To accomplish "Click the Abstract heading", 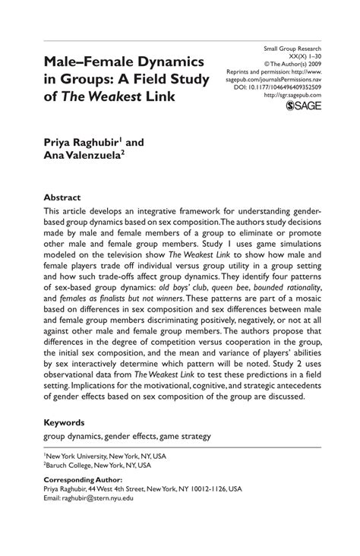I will [62, 196].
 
